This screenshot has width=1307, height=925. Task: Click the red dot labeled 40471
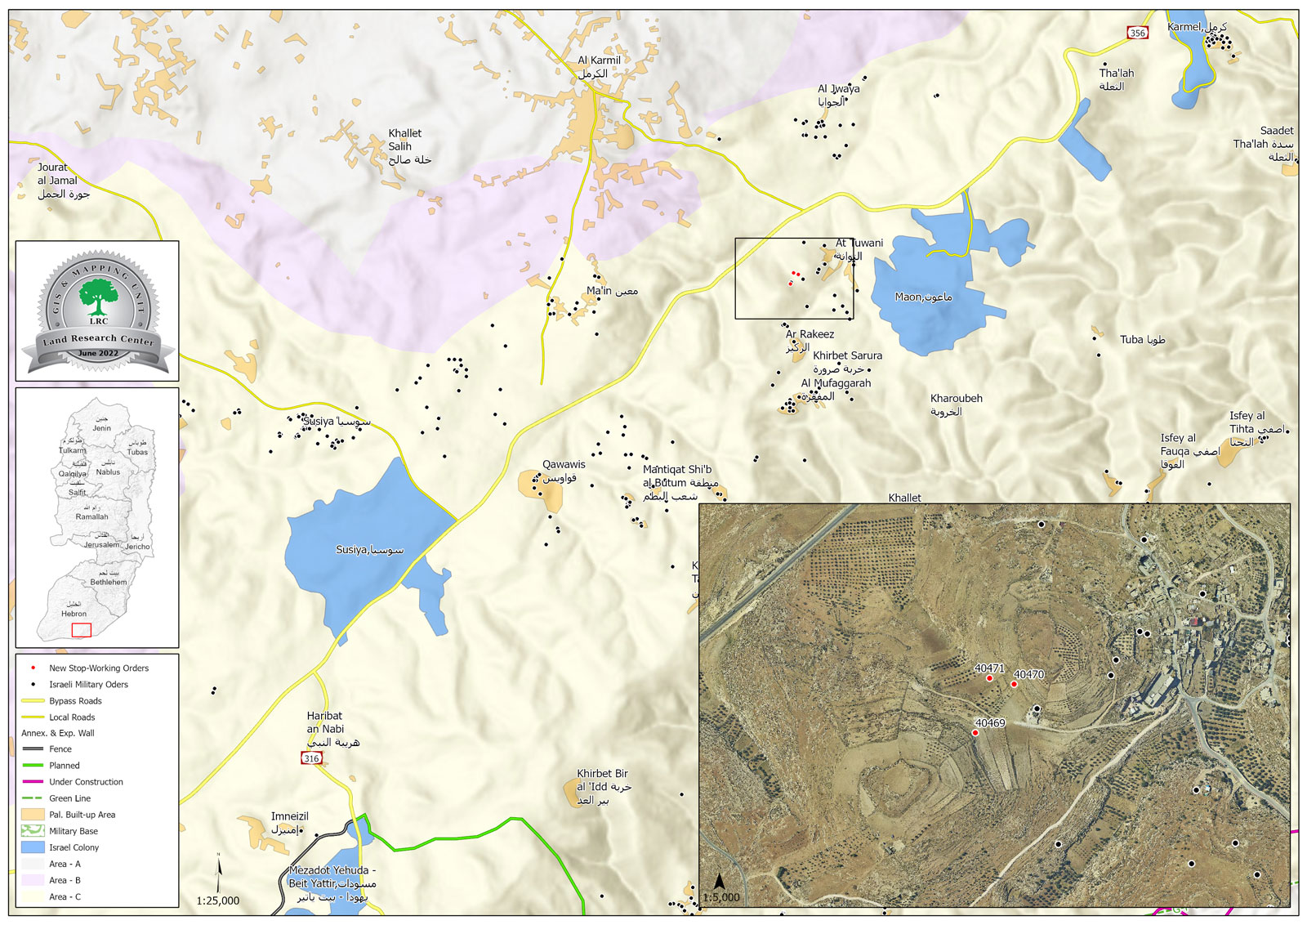coord(988,678)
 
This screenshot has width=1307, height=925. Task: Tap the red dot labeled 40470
coord(1014,684)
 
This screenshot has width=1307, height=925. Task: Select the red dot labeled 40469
coord(975,733)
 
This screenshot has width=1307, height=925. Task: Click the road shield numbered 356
coord(1137,33)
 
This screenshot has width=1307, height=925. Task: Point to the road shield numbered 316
coord(311,758)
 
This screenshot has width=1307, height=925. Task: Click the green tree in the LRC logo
coord(98,295)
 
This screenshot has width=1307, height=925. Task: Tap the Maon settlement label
coord(923,297)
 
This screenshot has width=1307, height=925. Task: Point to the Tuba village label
coord(1141,340)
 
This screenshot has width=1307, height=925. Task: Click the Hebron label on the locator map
coord(74,614)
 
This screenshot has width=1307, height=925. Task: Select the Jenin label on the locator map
coord(101,428)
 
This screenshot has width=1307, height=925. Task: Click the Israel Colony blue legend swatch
coord(33,847)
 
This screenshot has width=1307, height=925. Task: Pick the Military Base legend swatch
coord(33,831)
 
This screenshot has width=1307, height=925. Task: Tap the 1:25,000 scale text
coord(218,900)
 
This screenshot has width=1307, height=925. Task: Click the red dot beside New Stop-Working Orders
coord(33,668)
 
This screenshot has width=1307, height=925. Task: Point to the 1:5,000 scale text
coord(720,897)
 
